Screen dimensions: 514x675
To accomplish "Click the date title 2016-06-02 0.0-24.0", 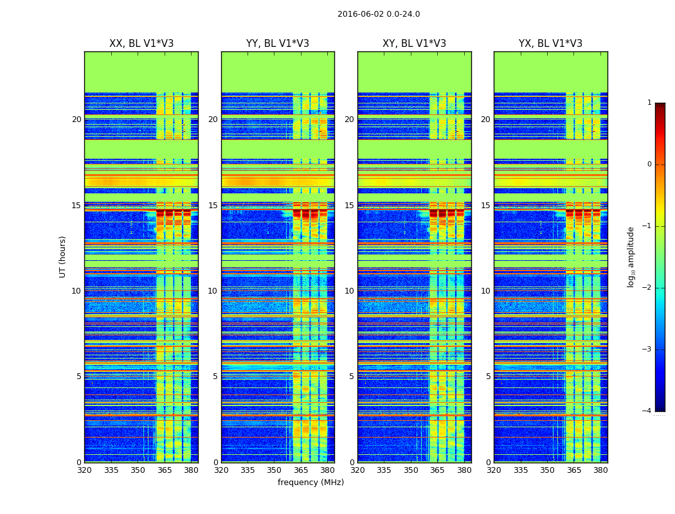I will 379,14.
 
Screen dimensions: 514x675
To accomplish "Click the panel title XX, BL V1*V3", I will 141,44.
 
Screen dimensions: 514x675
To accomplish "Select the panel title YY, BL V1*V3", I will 278,44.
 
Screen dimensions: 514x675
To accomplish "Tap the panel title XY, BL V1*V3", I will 414,44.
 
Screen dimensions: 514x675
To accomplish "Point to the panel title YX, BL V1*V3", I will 550,44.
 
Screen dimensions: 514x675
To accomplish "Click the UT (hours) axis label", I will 63,256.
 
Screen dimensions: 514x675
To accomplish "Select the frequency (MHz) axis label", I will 310,483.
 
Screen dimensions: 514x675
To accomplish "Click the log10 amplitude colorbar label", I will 631,256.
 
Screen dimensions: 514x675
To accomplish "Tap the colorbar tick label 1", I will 649,103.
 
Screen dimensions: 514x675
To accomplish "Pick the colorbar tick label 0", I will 649,164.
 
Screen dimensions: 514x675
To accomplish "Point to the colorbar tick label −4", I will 647,411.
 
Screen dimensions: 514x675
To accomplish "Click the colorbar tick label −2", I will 647,288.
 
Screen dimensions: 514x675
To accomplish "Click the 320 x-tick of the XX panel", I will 84,470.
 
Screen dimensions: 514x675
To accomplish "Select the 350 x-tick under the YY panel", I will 274,470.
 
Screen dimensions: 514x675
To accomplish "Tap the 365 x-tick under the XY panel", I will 437,470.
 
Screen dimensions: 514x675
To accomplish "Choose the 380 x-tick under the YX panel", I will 600,470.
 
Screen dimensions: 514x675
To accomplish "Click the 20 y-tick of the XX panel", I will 76,120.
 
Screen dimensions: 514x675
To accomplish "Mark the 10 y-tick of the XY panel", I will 349,291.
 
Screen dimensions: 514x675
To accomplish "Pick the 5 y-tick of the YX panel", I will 489,377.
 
